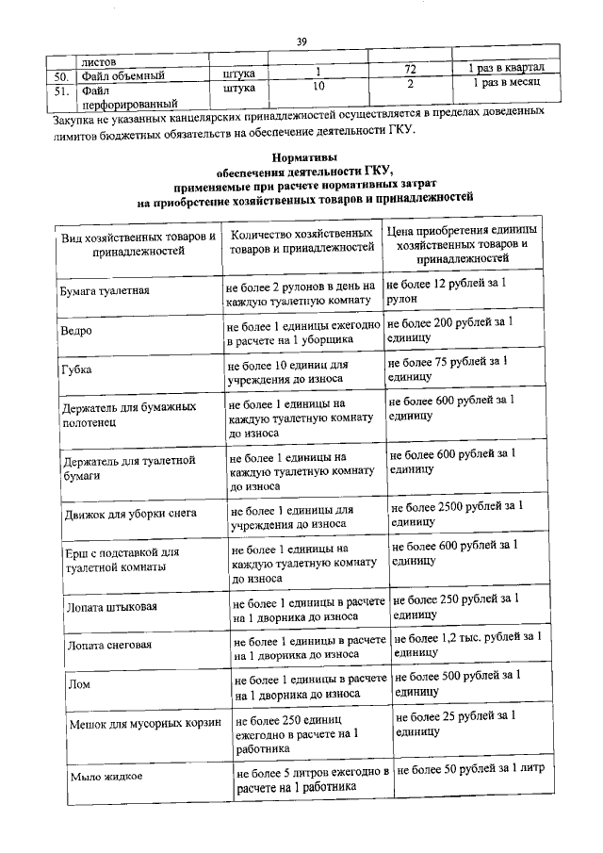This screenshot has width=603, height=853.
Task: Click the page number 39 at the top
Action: click(x=301, y=41)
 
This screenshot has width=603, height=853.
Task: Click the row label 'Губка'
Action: click(x=74, y=370)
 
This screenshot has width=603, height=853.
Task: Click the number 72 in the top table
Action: click(x=410, y=71)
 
